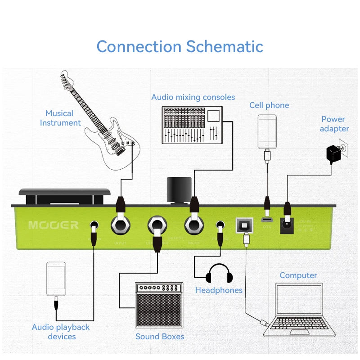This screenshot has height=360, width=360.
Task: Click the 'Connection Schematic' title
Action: coord(180,46)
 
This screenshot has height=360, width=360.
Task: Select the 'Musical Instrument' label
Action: coord(60,118)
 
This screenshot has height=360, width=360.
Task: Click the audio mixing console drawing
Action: coord(192,125)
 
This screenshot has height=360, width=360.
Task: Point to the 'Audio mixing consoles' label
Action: coord(193,97)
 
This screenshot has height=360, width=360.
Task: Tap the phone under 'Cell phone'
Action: coord(267,131)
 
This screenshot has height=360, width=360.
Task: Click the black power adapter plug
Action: coord(334,154)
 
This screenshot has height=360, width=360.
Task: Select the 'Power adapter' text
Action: coord(334,124)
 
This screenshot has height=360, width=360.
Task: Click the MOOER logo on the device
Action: coord(53,225)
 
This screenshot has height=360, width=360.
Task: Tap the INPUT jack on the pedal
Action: coord(121,225)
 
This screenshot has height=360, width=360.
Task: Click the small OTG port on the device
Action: coord(267,220)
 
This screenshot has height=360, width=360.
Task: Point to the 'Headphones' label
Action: coord(219,290)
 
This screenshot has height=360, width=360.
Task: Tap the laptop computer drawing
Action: coord(299,310)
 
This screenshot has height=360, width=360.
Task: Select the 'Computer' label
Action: coord(298,275)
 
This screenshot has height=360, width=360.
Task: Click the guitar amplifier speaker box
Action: coord(159,305)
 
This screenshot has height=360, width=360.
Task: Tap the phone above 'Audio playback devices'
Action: coord(56,279)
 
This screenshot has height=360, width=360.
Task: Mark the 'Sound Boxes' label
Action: coord(160,336)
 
